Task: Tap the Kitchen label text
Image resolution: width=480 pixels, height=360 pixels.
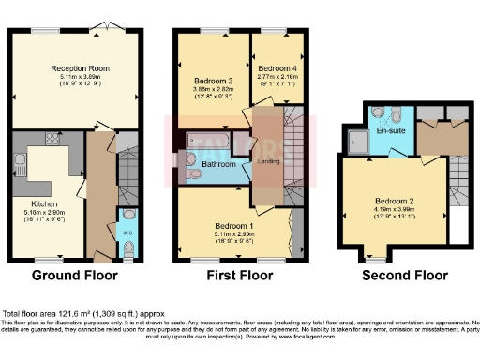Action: pyautogui.click(x=44, y=202)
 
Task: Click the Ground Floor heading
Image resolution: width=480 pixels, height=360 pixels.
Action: pyautogui.click(x=75, y=276)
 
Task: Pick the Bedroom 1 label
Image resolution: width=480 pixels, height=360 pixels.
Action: pyautogui.click(x=232, y=226)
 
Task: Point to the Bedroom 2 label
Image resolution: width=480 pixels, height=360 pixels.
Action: pyautogui.click(x=395, y=201)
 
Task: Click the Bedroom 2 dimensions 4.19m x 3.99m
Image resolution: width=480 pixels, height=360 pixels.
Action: pyautogui.click(x=395, y=210)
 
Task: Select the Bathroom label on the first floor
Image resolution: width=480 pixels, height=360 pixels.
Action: pyautogui.click(x=218, y=165)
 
